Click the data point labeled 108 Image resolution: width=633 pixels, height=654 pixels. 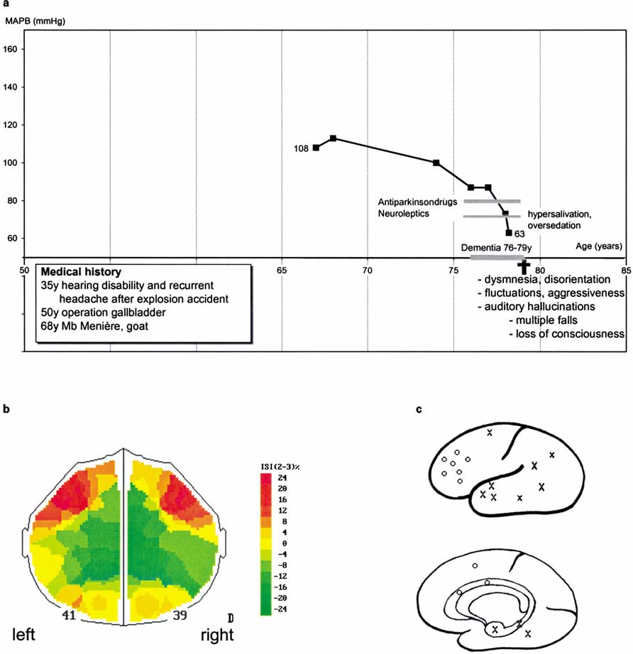(316, 148)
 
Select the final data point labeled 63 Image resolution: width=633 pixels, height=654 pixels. (508, 232)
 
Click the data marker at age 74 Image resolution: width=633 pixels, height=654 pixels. (436, 163)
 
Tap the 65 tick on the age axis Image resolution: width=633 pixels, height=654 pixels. (282, 271)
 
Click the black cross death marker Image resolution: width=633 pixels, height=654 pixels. (524, 266)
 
